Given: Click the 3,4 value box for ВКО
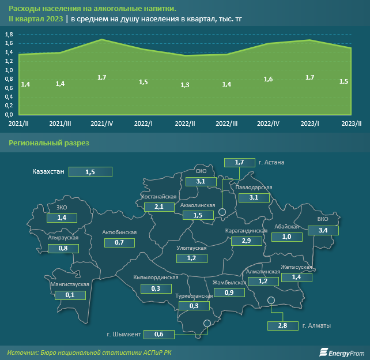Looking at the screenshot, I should pos(323,231).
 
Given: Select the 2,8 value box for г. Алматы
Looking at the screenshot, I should pos(283,326).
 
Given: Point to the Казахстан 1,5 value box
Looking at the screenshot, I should pos(90,172).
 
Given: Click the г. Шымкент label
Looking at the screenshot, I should pos(124,334).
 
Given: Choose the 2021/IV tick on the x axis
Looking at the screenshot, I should pos(101,123).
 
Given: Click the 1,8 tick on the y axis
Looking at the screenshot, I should pos(9,35).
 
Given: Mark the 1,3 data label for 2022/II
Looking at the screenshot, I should pos(185,85).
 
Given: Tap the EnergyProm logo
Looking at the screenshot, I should pos(342,352).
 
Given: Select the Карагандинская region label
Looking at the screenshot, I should pos(246,231).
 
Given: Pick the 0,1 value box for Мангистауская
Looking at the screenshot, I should pos(70,295).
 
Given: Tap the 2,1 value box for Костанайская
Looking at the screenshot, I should pos(160,207).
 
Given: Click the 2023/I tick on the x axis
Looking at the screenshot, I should pos(309,123).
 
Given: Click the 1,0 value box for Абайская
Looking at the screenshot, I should pos(286,237).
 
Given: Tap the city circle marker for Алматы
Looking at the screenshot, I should pos(271,300).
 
